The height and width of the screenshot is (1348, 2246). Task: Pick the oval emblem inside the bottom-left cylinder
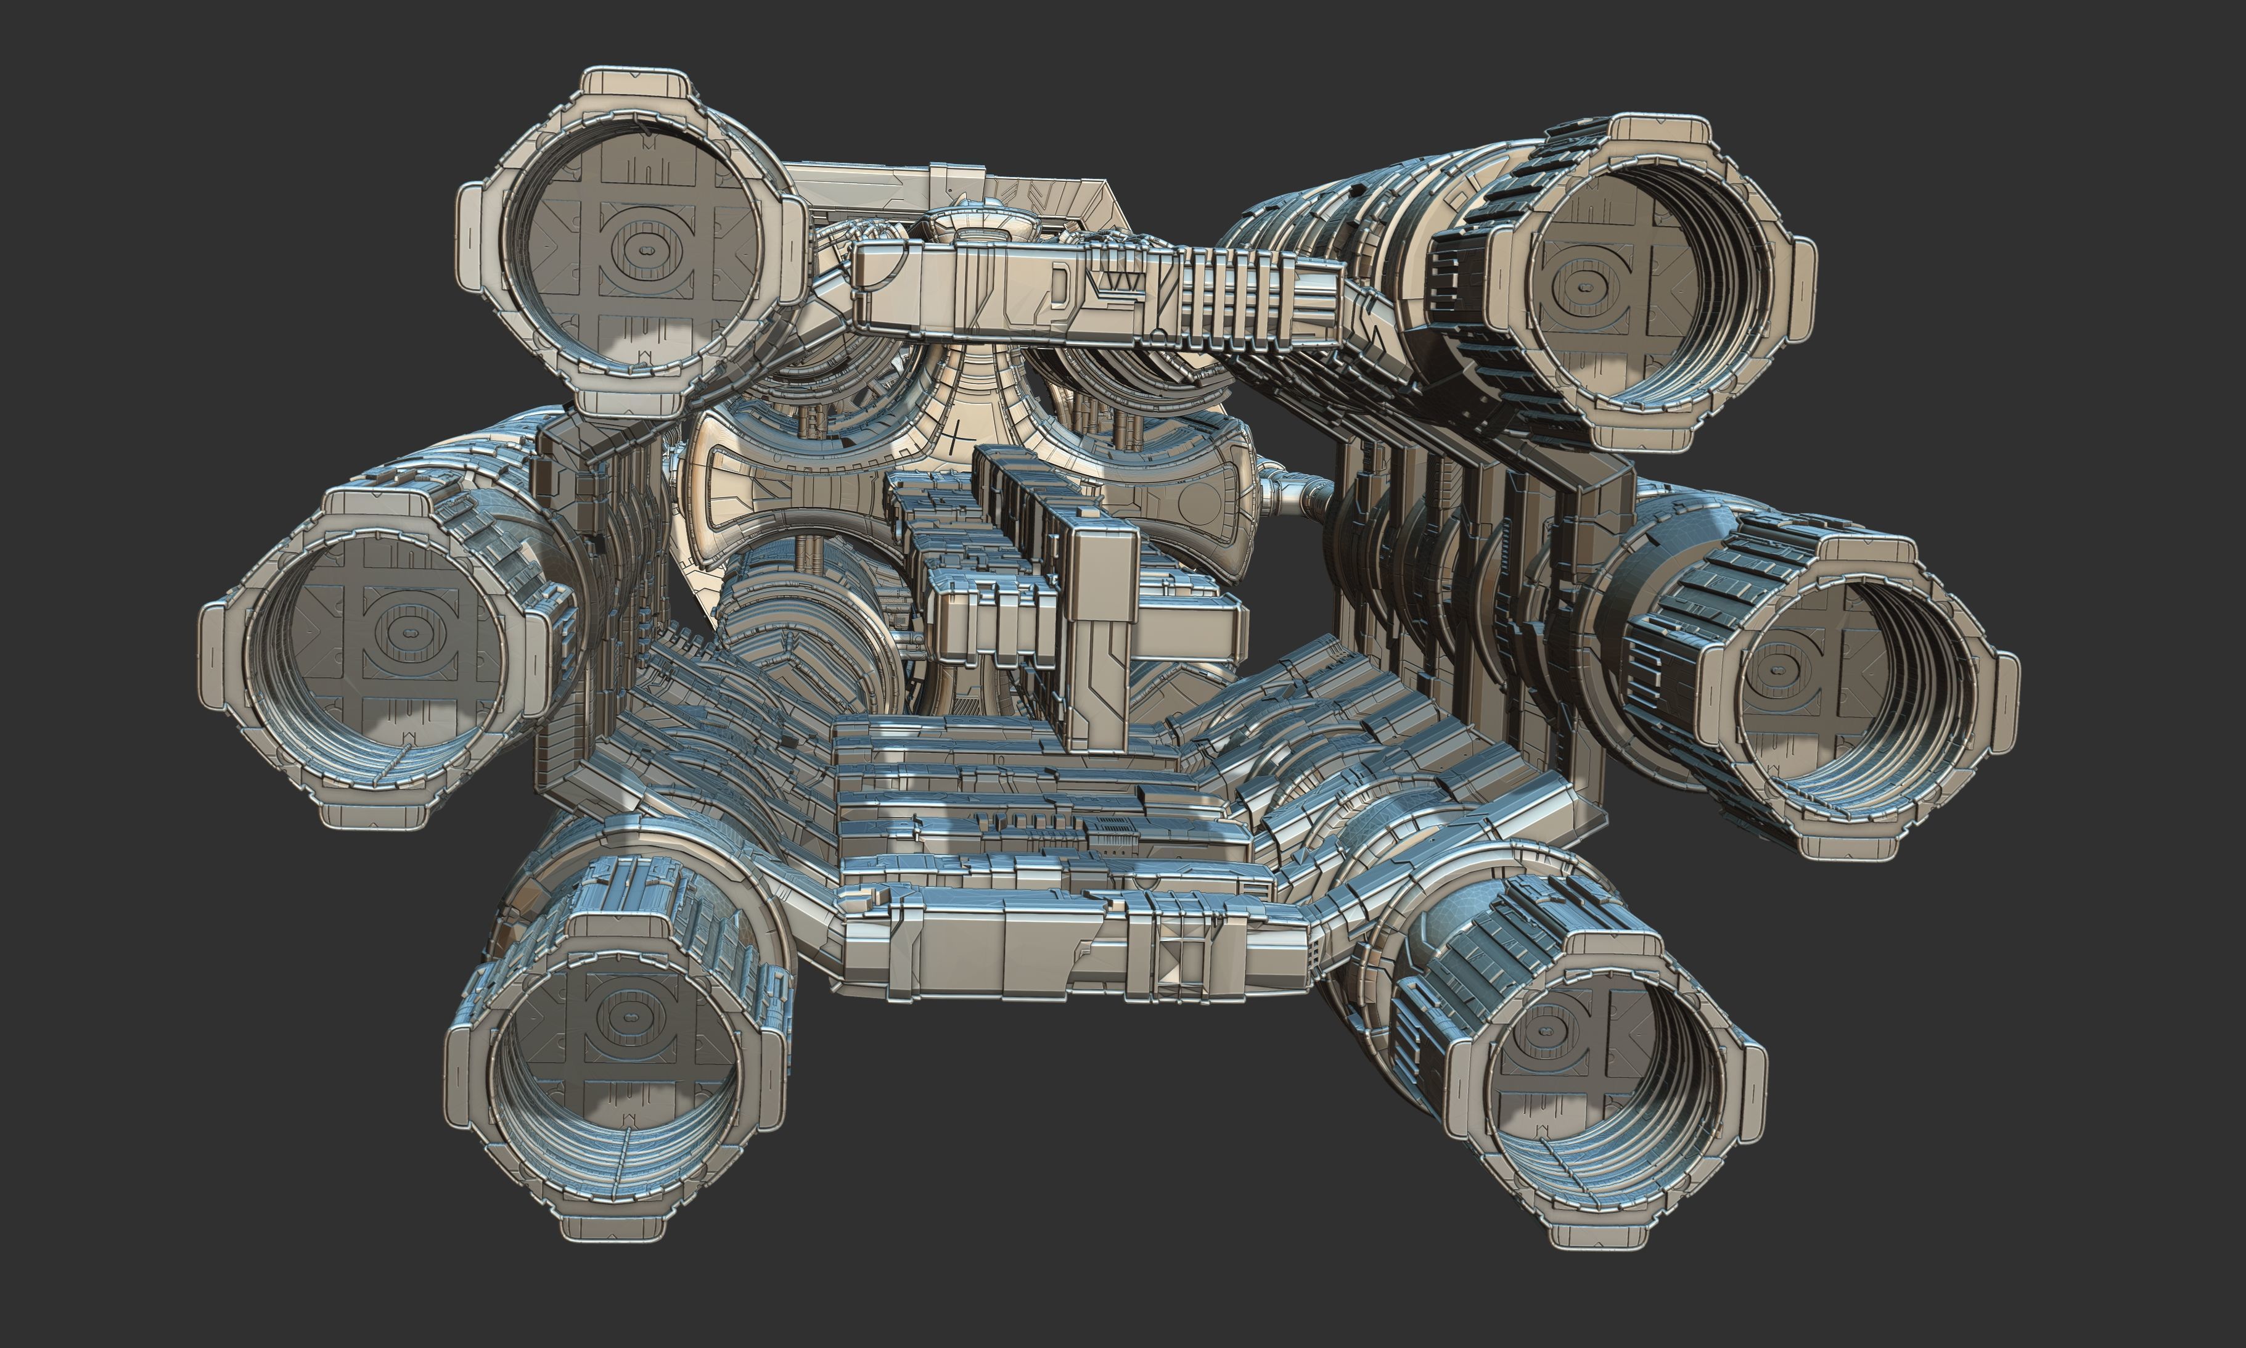626,1014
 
